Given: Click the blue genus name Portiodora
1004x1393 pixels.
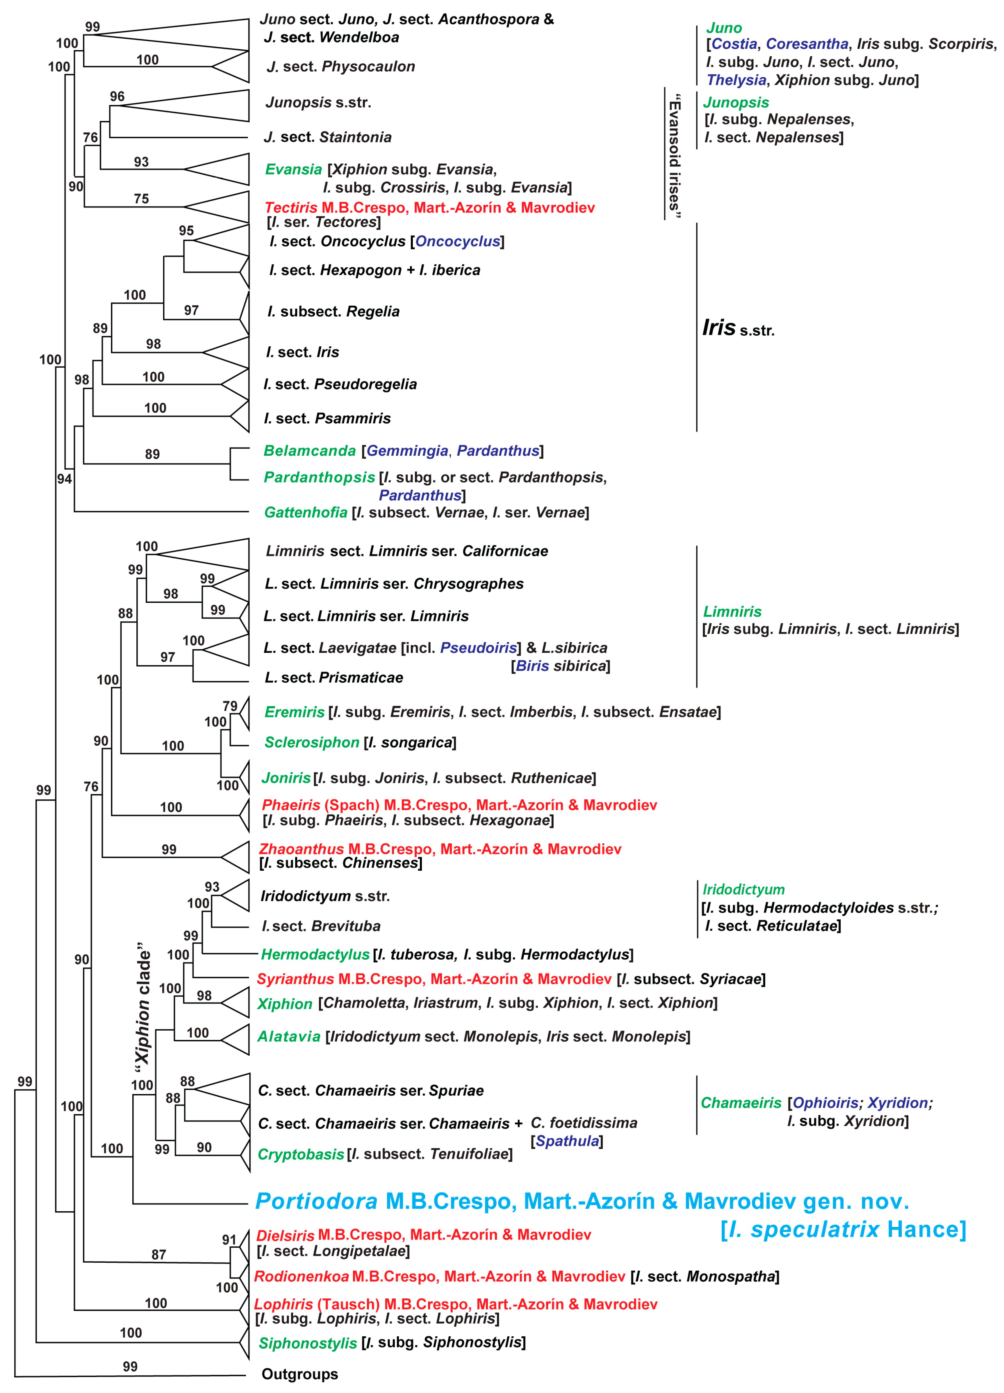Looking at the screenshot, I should click(316, 1201).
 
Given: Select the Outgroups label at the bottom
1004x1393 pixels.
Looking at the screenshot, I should click(300, 1374).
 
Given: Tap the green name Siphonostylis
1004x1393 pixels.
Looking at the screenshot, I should click(308, 1343).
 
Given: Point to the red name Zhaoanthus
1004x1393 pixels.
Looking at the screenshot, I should click(301, 849).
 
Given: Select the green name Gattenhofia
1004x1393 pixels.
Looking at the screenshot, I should click(306, 512).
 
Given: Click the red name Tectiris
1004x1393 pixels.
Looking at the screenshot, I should click(291, 208).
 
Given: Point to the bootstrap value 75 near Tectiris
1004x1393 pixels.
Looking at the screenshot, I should click(141, 198).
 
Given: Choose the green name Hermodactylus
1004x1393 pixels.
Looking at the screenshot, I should click(315, 954).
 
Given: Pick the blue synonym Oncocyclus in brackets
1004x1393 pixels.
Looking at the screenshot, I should click(457, 241).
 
